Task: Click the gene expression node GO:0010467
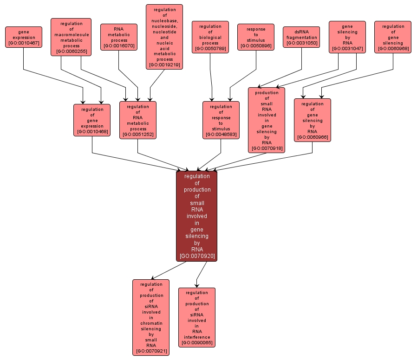pyautogui.click(x=24, y=37)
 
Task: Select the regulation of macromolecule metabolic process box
pyautogui.click(x=71, y=37)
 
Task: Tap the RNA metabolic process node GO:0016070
pyautogui.click(x=119, y=37)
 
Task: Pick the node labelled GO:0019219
pyautogui.click(x=164, y=37)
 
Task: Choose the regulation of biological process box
pyautogui.click(x=210, y=37)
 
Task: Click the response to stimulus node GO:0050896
pyautogui.click(x=256, y=37)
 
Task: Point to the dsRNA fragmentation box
pyautogui.click(x=301, y=37)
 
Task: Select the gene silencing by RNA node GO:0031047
pyautogui.click(x=347, y=37)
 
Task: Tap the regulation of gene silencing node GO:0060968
pyautogui.click(x=393, y=37)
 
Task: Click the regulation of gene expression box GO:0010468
pyautogui.click(x=92, y=120)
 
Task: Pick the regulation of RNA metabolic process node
pyautogui.click(x=137, y=120)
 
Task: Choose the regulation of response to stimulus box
pyautogui.click(x=221, y=120)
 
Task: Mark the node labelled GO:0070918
pyautogui.click(x=267, y=120)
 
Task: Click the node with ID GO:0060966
pyautogui.click(x=312, y=120)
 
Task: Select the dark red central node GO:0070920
pyautogui.click(x=197, y=216)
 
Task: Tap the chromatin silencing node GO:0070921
pyautogui.click(x=151, y=317)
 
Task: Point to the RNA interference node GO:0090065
pyautogui.click(x=197, y=317)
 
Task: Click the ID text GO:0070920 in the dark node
pyautogui.click(x=197, y=256)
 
